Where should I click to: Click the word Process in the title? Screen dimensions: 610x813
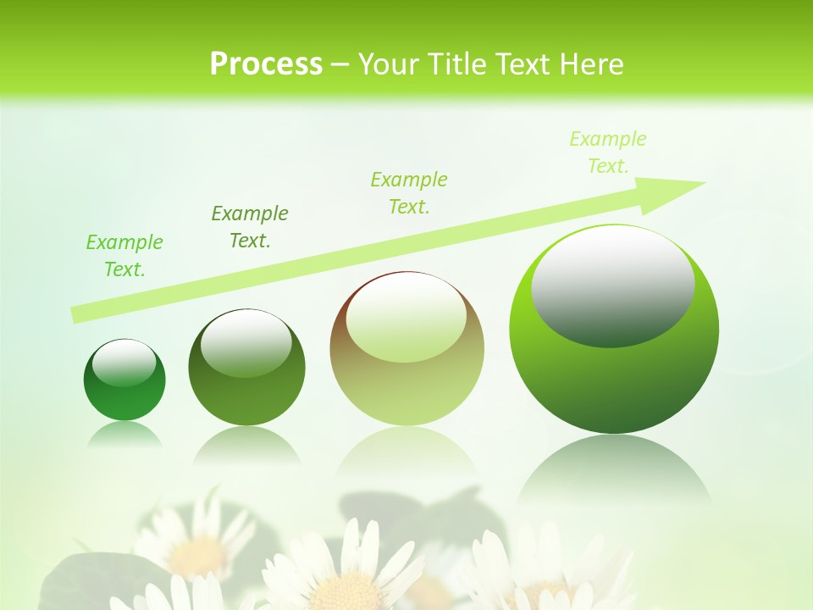(x=266, y=64)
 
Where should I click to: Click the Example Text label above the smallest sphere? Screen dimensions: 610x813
(x=124, y=256)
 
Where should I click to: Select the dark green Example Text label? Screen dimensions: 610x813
(x=250, y=227)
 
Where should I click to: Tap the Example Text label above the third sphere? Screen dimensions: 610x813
(x=409, y=193)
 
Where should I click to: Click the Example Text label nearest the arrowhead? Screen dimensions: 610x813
(x=607, y=152)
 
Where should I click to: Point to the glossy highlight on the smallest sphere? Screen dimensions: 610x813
(x=124, y=363)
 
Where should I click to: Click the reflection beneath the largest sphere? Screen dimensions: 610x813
(x=614, y=470)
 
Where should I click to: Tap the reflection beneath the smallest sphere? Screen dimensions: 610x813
(x=124, y=435)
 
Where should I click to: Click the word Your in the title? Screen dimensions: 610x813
(x=389, y=64)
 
